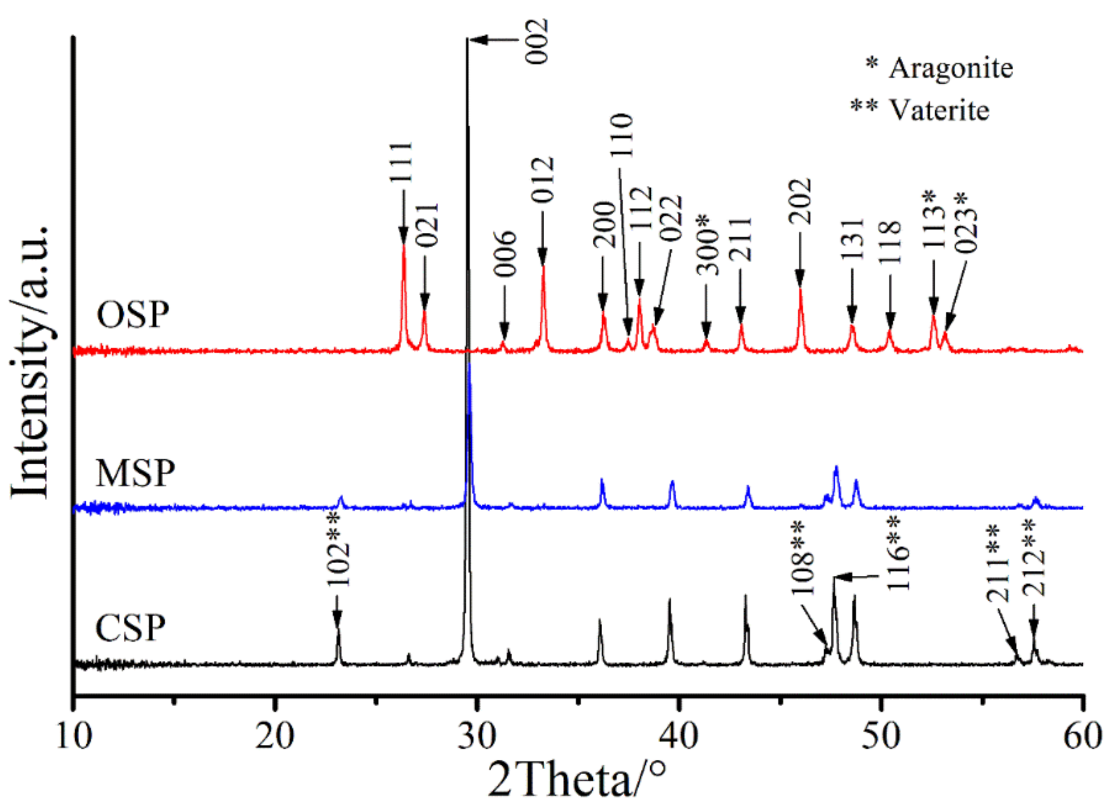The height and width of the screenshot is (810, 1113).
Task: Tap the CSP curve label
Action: [x=131, y=628]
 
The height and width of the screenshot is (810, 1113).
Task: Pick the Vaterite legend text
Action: [x=939, y=110]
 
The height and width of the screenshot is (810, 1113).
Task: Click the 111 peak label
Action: [x=402, y=162]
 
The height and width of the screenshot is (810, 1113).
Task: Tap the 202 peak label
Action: [x=800, y=202]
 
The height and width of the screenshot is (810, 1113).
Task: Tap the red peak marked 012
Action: [x=543, y=267]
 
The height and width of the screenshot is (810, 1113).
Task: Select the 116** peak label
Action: [x=898, y=554]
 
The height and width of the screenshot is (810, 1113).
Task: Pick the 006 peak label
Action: [x=505, y=254]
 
